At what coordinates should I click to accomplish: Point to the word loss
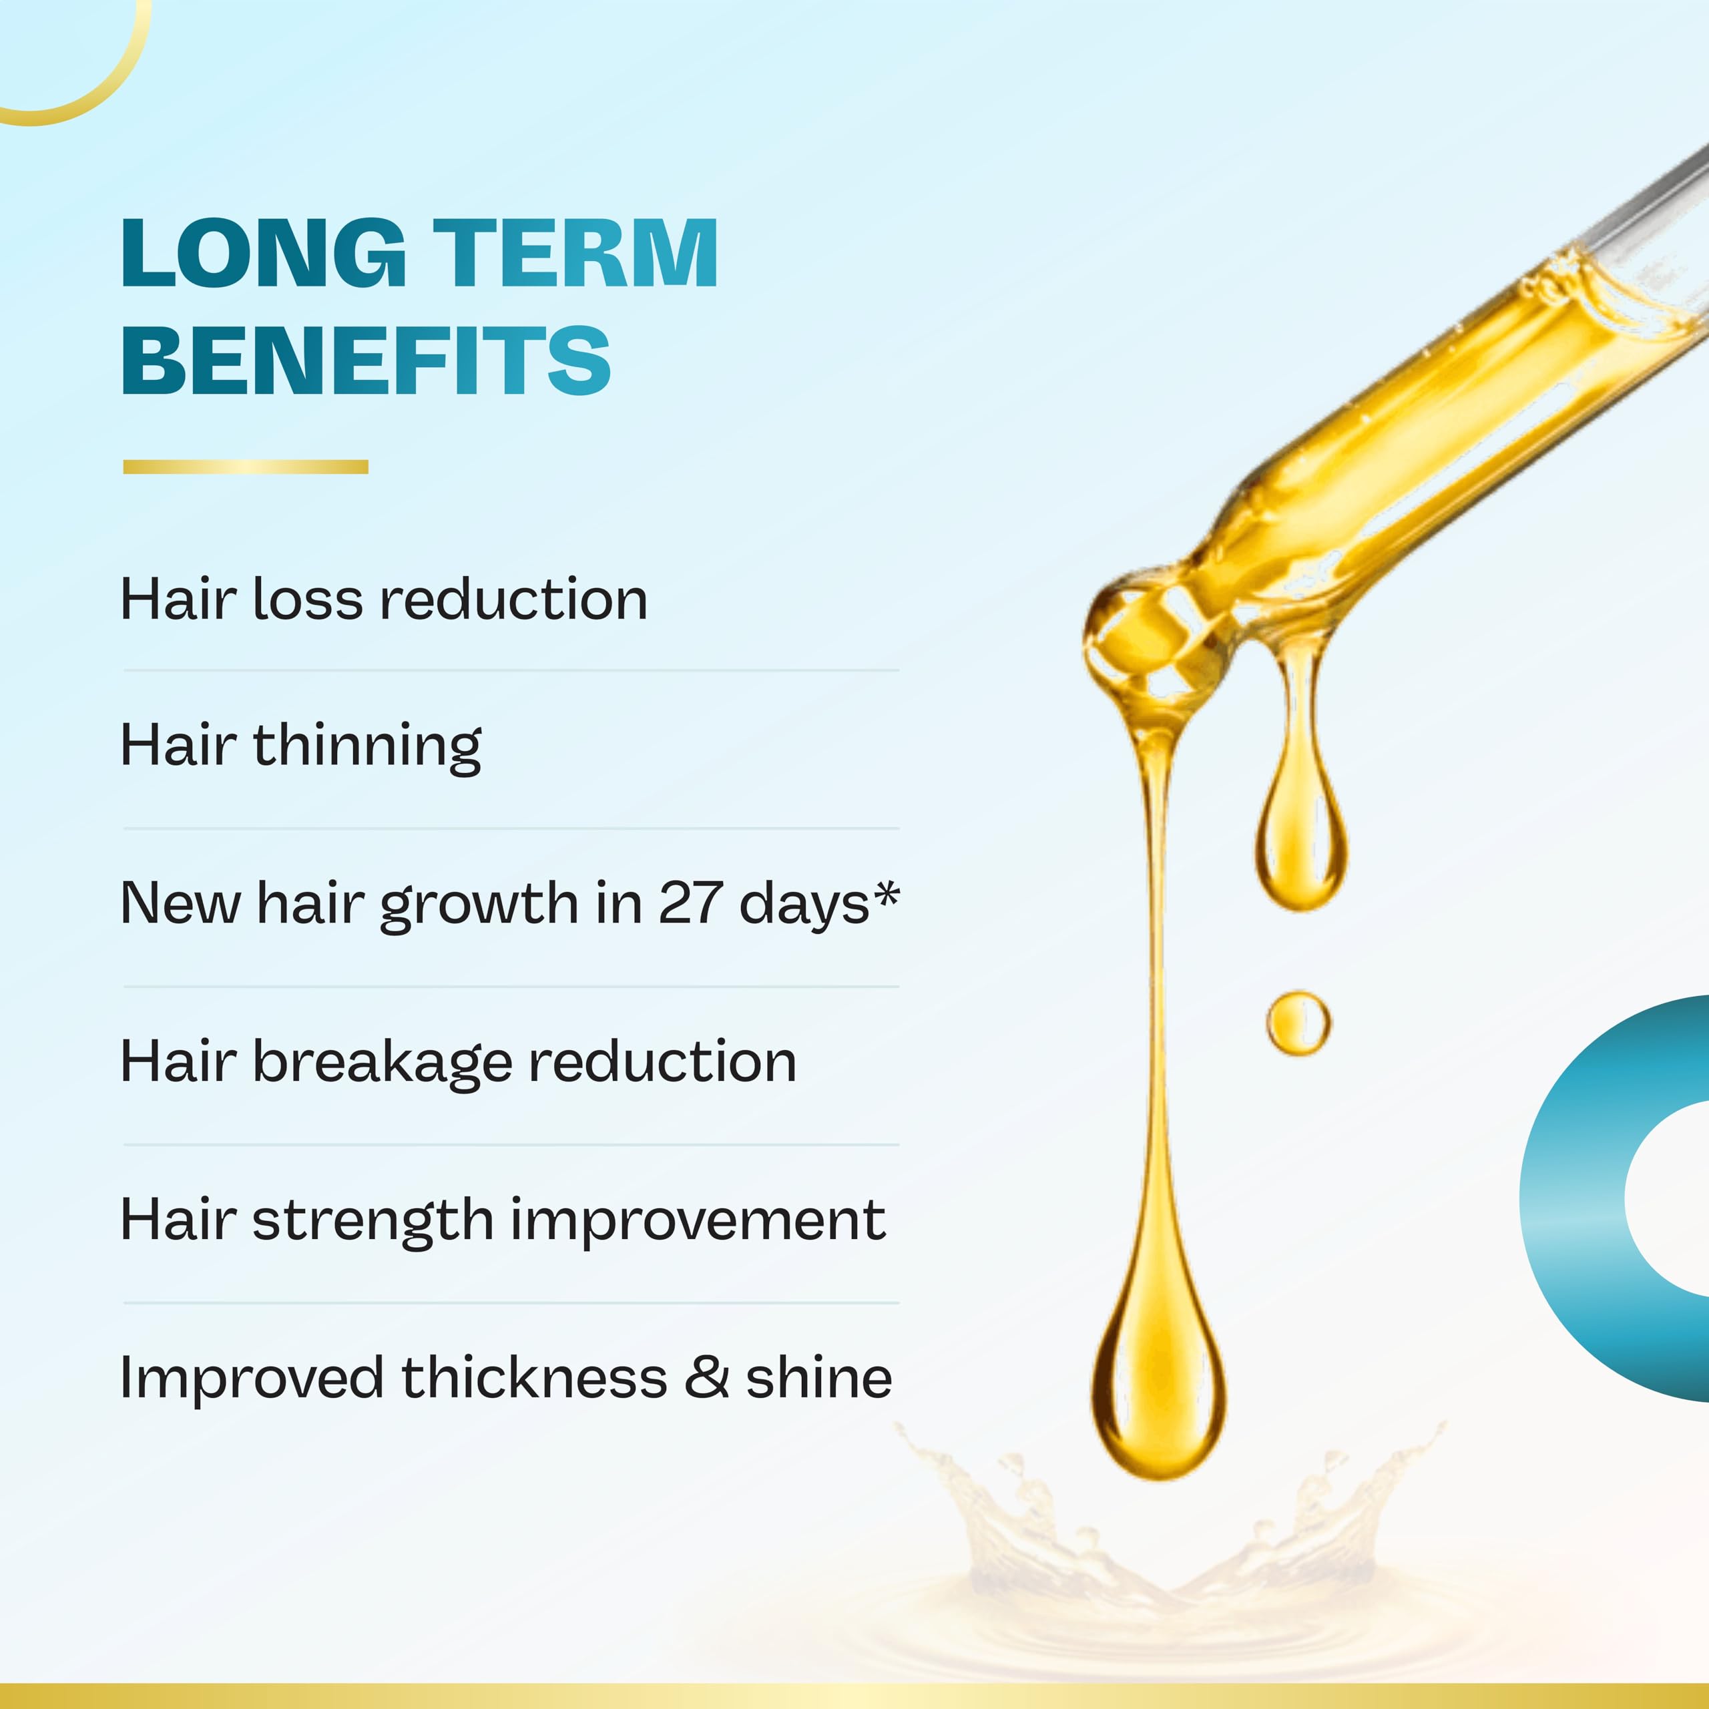(308, 599)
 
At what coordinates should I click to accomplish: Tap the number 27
(689, 903)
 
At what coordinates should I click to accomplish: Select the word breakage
(382, 1062)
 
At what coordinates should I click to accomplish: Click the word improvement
(698, 1221)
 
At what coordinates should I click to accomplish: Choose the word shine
(819, 1378)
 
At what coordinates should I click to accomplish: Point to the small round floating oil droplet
(1298, 1023)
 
